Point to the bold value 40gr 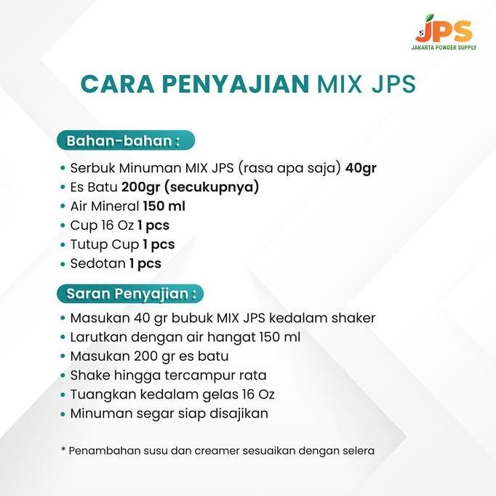pos(361,168)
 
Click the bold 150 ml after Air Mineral pos(164,207)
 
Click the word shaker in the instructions pos(354,319)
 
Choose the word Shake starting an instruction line pos(89,375)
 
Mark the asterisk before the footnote pos(63,450)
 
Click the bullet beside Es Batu pos(63,187)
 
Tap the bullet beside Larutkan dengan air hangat pos(63,337)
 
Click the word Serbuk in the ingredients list pos(92,168)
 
